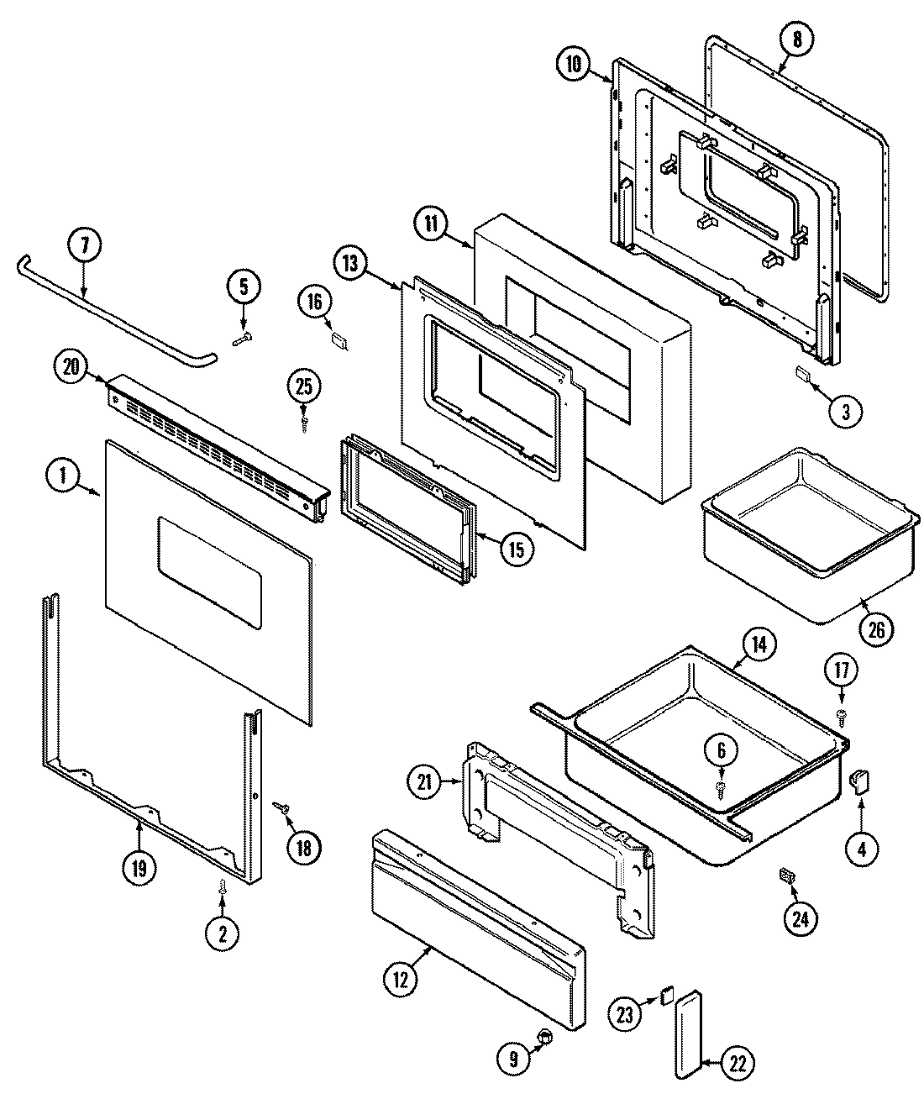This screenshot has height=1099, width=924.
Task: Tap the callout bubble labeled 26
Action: tap(875, 628)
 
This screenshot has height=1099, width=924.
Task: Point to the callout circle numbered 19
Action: tap(139, 866)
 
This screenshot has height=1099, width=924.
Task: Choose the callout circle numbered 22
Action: tap(737, 1062)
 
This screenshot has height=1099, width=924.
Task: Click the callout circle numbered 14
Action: tap(759, 645)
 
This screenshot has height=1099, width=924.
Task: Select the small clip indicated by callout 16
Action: tap(339, 339)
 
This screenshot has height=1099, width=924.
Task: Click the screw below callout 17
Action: tap(841, 715)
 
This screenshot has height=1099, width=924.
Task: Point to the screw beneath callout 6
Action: tap(721, 787)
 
